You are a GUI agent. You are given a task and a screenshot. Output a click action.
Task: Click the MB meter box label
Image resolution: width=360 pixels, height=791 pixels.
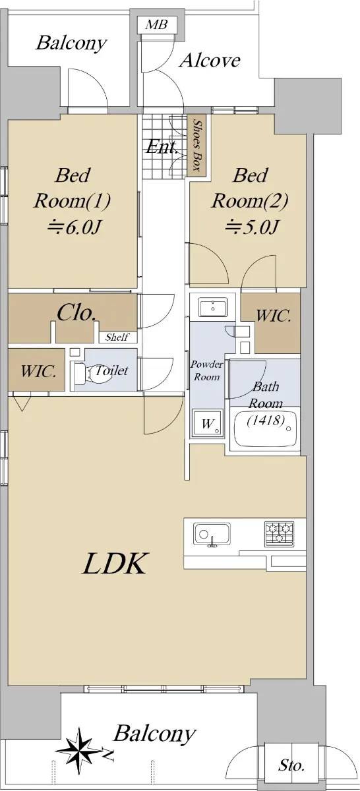coord(156,25)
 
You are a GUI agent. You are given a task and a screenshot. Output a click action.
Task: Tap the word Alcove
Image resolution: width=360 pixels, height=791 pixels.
coord(210,61)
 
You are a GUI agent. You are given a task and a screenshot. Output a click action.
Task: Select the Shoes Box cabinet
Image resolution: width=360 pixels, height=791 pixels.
coord(196,145)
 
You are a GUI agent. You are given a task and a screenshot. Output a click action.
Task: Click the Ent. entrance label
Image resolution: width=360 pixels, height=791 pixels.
coord(162,146)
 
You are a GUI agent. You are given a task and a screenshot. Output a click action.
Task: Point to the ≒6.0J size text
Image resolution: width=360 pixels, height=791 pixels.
coord(75,227)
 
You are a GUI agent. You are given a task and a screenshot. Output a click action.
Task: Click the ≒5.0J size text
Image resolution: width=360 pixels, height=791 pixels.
coord(253,227)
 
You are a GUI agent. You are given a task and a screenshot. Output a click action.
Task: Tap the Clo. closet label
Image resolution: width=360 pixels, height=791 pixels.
coord(76,312)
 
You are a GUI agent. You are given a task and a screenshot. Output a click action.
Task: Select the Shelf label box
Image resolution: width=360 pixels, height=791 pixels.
coord(117,337)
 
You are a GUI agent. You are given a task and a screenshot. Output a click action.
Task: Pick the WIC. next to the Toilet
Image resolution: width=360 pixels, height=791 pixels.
coord(38,371)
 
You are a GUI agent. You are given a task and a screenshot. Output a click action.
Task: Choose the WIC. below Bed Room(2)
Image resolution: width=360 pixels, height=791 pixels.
coord(274,316)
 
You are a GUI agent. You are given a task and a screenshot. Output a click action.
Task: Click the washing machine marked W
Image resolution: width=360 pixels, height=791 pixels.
coord(208,423)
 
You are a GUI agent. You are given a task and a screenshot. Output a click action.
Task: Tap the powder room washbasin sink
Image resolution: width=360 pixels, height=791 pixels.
coord(213,307)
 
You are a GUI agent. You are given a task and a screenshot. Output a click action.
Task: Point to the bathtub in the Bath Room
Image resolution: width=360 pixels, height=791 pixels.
coord(265,430)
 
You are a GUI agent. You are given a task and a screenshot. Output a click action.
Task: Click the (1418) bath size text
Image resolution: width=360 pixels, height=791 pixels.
coord(266,421)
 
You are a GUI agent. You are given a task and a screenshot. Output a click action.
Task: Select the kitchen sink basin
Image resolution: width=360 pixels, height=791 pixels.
coord(212,533)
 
